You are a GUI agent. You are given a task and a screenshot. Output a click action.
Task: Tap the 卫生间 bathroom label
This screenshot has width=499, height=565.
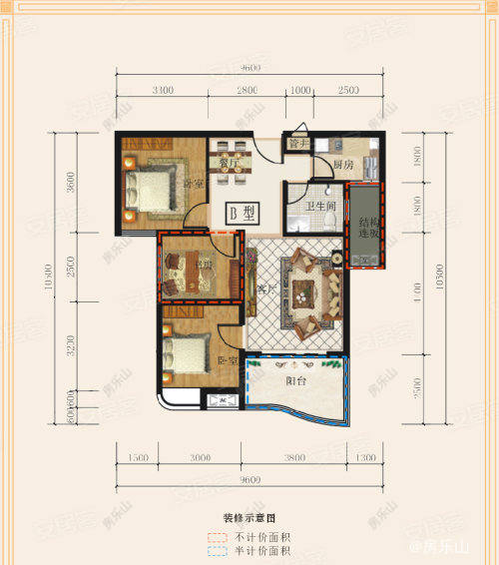321,208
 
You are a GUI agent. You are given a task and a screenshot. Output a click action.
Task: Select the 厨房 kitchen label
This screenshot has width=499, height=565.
344,165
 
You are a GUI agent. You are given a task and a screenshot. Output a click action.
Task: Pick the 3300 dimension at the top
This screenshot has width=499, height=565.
164,90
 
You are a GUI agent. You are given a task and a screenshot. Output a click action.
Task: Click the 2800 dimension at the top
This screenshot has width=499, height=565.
248,90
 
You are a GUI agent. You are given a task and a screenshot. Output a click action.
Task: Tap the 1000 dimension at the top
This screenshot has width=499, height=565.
300,90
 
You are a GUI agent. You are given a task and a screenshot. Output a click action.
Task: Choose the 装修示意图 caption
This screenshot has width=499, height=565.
249,519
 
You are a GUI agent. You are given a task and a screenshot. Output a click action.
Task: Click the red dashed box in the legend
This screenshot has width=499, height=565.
216,537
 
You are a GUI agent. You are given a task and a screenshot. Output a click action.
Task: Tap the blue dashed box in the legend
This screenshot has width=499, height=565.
216,551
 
